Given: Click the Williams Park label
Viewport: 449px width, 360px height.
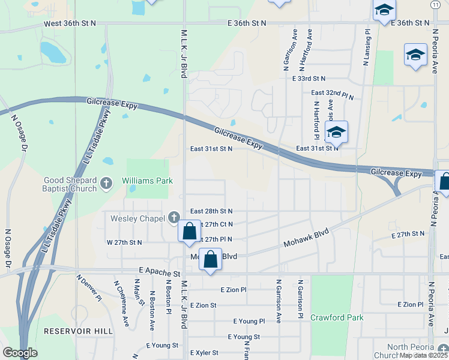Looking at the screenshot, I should [147, 181].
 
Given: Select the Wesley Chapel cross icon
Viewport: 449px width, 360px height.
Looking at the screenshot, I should [174, 218].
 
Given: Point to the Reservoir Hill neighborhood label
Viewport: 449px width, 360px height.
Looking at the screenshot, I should [78, 331].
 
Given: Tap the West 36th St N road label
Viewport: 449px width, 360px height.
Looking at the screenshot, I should [70, 23].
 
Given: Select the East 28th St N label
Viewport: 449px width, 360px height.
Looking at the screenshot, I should [211, 211].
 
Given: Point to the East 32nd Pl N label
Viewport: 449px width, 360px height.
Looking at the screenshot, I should [332, 94].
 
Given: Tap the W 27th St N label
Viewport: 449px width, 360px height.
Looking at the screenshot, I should [124, 242].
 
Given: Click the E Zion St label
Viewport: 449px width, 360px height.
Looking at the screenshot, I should [203, 305].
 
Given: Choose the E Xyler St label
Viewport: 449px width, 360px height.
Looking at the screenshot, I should [204, 353].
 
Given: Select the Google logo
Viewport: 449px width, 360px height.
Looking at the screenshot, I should [20, 353].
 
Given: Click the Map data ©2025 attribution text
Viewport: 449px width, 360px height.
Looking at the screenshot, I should [423, 355].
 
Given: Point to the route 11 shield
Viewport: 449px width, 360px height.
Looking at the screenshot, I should [435, 4].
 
